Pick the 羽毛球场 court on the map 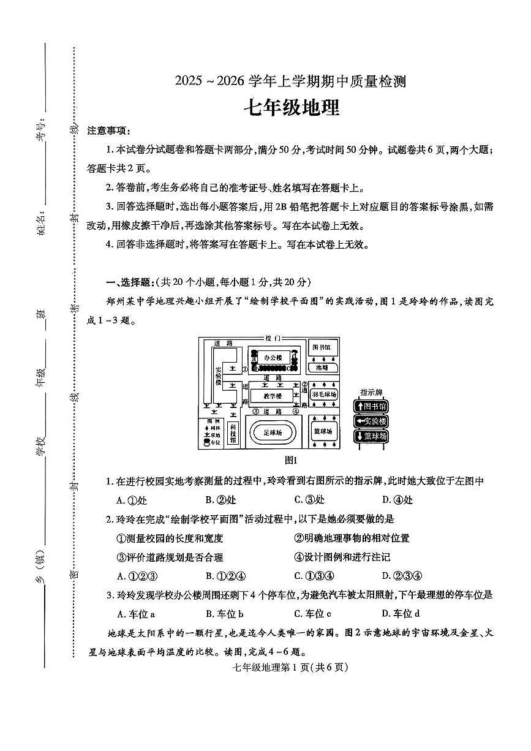pos(324,395)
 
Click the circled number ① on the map pos(244,369)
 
